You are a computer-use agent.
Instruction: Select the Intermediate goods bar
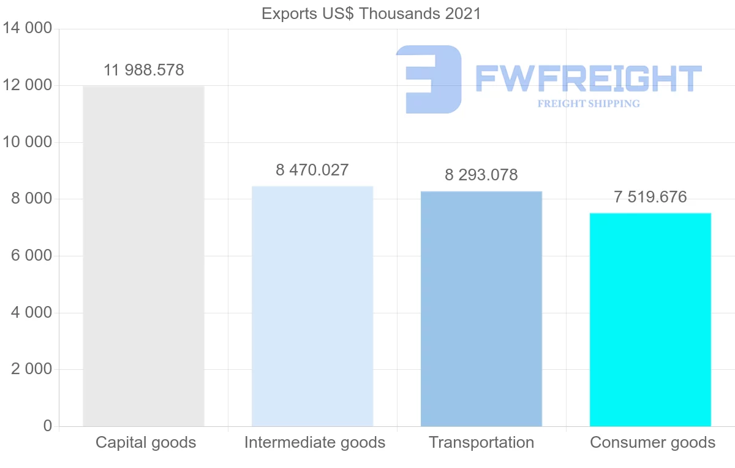(x=312, y=307)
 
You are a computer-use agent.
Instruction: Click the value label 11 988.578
(x=144, y=70)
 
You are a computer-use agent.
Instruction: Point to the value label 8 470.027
(x=312, y=170)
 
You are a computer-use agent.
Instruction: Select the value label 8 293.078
(x=481, y=175)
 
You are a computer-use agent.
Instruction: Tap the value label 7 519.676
(x=650, y=197)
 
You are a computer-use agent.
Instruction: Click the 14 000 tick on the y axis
(x=27, y=28)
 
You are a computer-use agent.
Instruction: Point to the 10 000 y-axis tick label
(x=27, y=142)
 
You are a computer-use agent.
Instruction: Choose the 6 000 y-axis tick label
(x=31, y=255)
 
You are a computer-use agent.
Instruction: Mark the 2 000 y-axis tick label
(x=31, y=369)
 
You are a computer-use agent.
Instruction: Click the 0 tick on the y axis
(x=47, y=426)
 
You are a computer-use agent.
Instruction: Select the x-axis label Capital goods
(x=146, y=442)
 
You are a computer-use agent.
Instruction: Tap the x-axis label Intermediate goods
(x=315, y=442)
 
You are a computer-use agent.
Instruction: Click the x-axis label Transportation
(x=481, y=442)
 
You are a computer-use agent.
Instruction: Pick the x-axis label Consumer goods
(x=652, y=442)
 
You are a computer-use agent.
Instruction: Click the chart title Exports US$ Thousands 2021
(x=371, y=13)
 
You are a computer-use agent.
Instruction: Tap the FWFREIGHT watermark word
(x=588, y=79)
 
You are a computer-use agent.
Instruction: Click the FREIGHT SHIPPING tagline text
(x=589, y=104)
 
